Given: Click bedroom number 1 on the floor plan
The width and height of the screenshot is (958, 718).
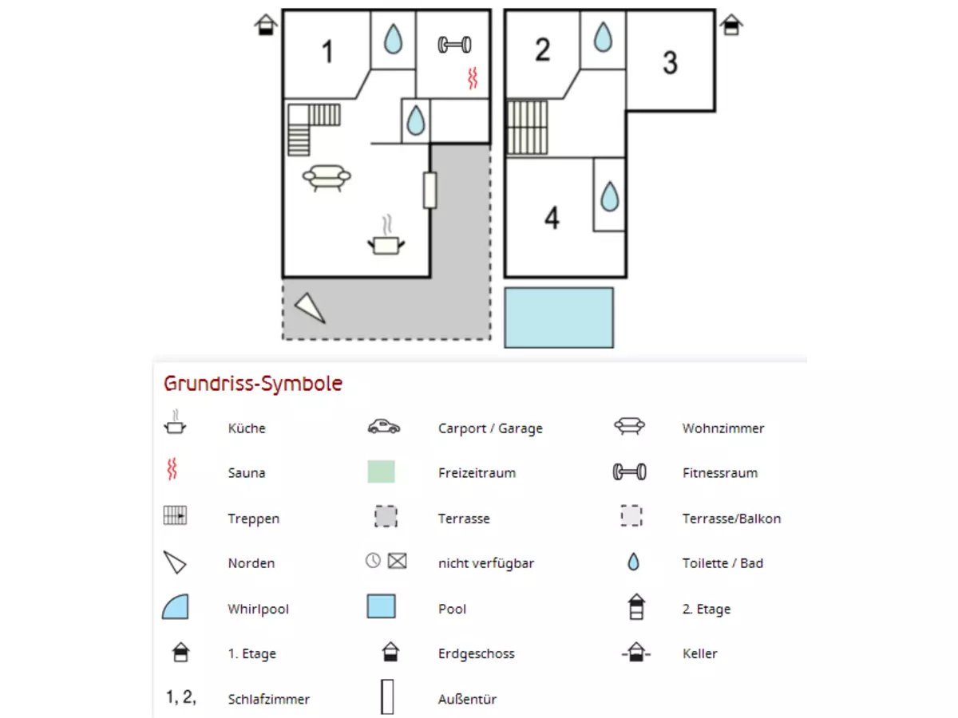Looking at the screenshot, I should click(x=327, y=53).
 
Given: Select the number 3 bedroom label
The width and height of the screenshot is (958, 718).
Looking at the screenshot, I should click(x=671, y=62).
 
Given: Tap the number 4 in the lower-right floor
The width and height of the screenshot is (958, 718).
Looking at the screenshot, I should click(x=552, y=218).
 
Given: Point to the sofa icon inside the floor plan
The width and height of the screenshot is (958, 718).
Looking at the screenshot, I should click(x=327, y=177).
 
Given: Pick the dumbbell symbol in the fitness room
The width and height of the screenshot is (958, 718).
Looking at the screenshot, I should click(x=454, y=45).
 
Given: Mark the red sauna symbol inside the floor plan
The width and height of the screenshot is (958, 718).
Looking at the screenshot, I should click(x=473, y=77).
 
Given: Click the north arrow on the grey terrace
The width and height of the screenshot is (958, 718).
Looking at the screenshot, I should click(x=310, y=308).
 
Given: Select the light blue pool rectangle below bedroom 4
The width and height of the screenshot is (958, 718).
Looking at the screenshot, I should click(x=559, y=318).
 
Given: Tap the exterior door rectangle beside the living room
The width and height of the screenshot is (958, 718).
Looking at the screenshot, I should click(x=430, y=190).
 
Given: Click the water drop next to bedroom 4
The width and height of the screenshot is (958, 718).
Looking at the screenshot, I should click(x=609, y=195).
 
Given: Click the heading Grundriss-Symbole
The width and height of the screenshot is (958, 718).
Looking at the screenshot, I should click(x=253, y=384).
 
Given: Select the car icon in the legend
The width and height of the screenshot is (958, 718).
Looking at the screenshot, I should click(x=384, y=427).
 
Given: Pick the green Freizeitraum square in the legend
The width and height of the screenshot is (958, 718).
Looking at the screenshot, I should click(x=381, y=472).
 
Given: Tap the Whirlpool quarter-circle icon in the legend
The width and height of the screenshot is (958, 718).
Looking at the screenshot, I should click(x=175, y=607).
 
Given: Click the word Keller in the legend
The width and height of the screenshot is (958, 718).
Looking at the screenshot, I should click(x=699, y=653).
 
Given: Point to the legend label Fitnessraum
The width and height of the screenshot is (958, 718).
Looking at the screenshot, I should click(x=719, y=472).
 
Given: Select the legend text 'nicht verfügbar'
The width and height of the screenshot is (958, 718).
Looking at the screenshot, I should click(x=485, y=563).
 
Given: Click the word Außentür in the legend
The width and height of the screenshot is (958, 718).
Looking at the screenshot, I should click(x=467, y=699).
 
